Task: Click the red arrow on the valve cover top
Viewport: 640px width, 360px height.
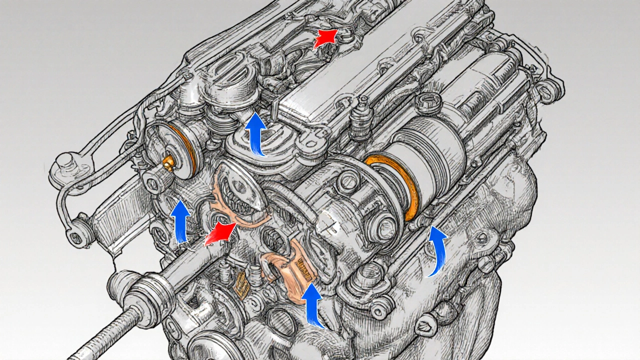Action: coord(325,38)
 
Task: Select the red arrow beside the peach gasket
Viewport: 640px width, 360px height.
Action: coord(220,234)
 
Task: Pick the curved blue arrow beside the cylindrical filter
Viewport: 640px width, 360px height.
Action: coord(438,250)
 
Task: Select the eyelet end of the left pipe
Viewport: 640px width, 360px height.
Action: coord(76,236)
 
